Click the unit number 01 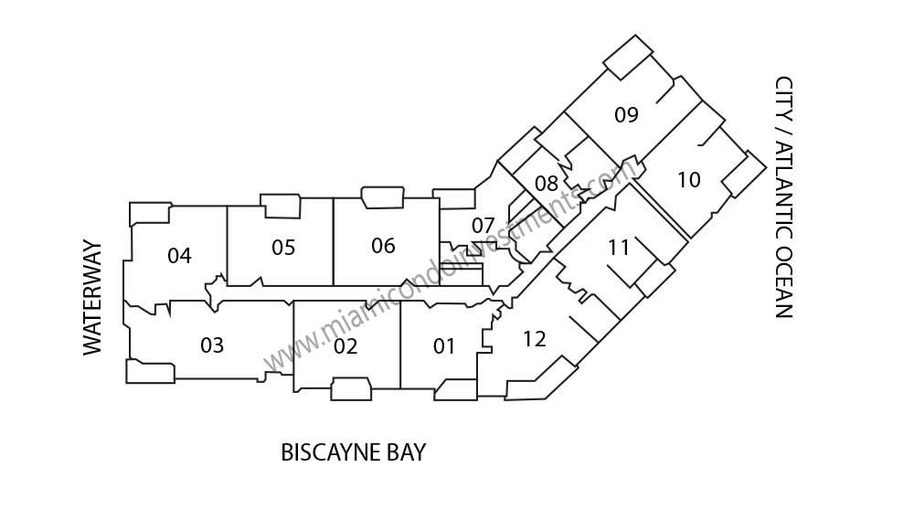point(443,346)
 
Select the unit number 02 point(345,346)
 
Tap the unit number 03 point(212,345)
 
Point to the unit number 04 point(179,255)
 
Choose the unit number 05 point(283,247)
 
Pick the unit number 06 point(383,246)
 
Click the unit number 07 point(483,225)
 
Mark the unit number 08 point(547,183)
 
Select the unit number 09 point(626,114)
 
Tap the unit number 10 point(688,179)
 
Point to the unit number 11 point(619,247)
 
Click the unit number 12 point(534,339)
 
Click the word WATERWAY point(92,297)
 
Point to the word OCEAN point(784,281)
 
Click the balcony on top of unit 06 point(383,197)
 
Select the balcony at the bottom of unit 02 point(351,388)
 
